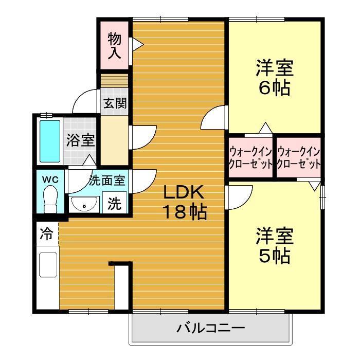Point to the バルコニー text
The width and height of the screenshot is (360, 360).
coord(210,327)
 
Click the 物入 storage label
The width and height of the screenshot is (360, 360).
coord(114,45)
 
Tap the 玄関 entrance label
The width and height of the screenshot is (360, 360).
coord(115,103)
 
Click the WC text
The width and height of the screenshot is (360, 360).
coord(49,179)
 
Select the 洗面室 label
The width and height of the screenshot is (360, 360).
coord(107,181)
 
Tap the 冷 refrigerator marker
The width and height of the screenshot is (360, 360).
coord(46,235)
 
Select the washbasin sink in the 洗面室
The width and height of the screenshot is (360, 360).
coord(84,205)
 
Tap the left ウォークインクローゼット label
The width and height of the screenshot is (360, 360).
coord(251,158)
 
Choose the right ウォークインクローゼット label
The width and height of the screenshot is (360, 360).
coord(299,158)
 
